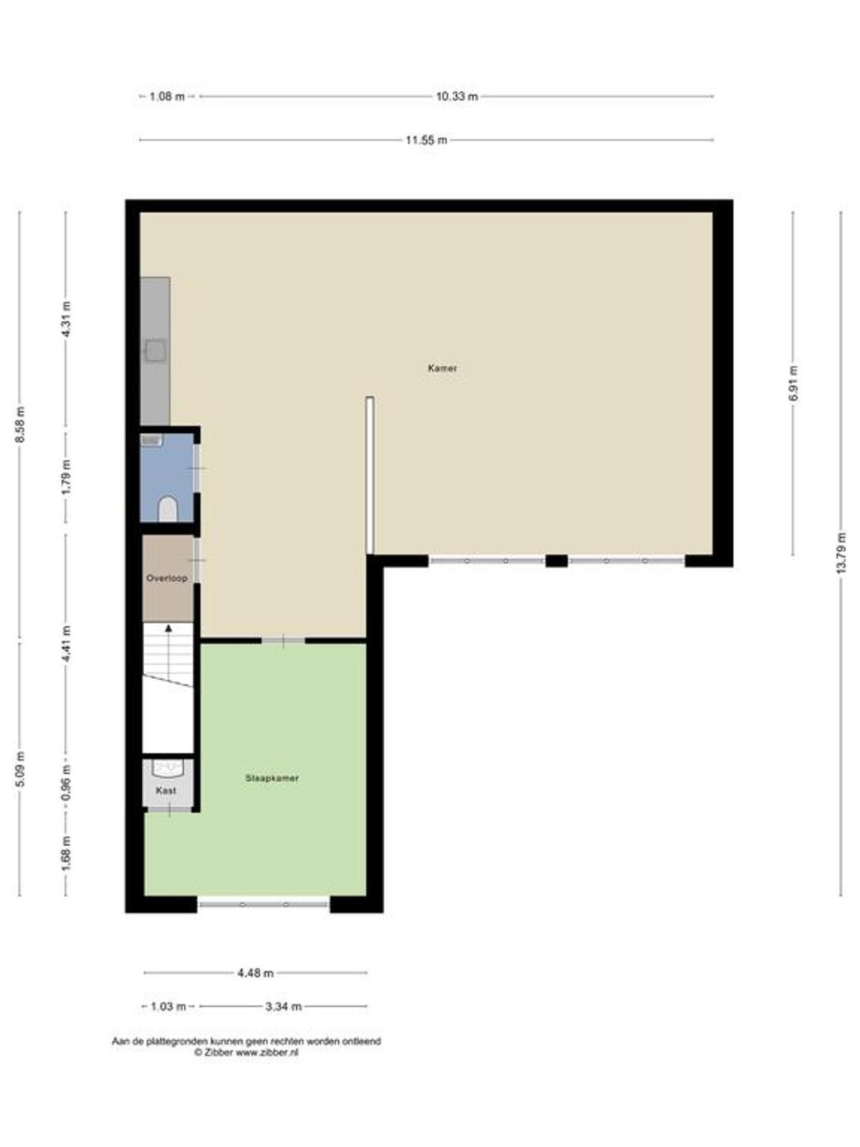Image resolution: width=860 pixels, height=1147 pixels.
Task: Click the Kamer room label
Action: coord(442,368)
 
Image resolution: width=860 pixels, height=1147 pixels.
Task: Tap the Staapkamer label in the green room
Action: coord(272,778)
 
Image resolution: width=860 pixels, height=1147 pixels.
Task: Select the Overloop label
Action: coord(166,578)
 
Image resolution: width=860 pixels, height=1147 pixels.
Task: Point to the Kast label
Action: coord(166,791)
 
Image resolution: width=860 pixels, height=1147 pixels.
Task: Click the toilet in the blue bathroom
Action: coord(168,508)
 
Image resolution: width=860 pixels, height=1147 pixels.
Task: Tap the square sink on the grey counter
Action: coord(156,350)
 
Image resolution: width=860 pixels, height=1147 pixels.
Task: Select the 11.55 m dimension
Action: coord(426,140)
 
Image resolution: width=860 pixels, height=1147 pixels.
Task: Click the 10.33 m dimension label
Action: coord(457,96)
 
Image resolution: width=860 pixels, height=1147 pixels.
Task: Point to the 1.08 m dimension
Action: coord(167,96)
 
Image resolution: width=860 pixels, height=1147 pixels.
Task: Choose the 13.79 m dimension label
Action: coord(841,553)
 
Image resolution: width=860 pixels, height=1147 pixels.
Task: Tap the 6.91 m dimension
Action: coord(793,383)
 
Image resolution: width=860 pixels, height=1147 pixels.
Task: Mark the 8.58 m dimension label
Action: coord(20,424)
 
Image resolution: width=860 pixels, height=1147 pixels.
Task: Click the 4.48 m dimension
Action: coord(255,973)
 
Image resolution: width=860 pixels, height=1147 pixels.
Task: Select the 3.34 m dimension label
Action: coord(284,1006)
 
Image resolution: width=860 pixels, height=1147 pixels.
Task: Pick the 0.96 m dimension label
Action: coord(67,783)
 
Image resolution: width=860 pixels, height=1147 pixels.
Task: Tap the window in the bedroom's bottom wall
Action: coord(264,904)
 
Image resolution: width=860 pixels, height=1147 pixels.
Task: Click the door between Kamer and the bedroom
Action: coord(283,640)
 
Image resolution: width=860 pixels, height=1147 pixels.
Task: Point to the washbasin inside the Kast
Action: coord(167,768)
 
